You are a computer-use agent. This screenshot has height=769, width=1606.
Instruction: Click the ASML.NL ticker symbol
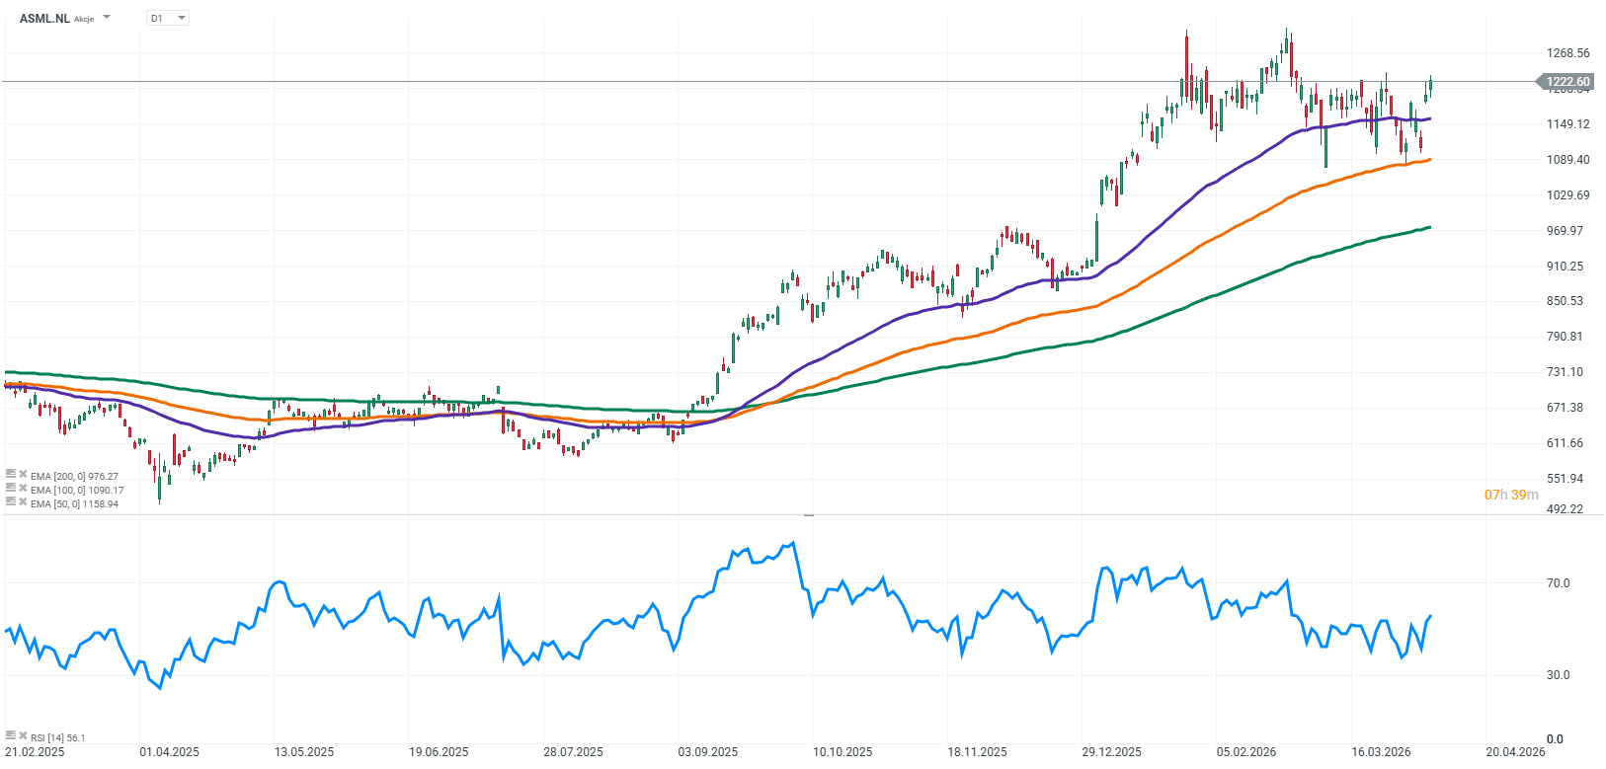pyautogui.click(x=44, y=18)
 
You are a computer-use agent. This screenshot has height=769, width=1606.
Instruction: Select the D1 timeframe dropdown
pyautogui.click(x=167, y=18)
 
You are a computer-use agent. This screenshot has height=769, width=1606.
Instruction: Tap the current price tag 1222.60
pyautogui.click(x=1567, y=82)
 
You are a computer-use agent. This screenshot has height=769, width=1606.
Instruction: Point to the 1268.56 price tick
pyautogui.click(x=1567, y=53)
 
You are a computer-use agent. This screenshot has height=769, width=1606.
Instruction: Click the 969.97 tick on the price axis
pyautogui.click(x=1565, y=231)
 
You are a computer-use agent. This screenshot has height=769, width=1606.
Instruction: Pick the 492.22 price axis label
pyautogui.click(x=1565, y=509)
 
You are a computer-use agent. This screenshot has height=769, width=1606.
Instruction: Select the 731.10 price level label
pyautogui.click(x=1565, y=372)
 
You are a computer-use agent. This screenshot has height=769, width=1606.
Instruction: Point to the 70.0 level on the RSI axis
pyautogui.click(x=1558, y=583)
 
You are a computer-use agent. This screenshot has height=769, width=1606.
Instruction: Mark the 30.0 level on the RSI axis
pyautogui.click(x=1558, y=675)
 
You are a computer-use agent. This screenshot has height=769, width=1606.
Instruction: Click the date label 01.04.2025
pyautogui.click(x=169, y=752)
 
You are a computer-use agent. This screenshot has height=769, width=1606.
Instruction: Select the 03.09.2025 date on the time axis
pyautogui.click(x=707, y=752)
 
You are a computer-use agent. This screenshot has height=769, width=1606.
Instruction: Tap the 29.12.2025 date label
pyautogui.click(x=1111, y=752)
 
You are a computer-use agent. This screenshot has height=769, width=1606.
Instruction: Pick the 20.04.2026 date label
pyautogui.click(x=1515, y=752)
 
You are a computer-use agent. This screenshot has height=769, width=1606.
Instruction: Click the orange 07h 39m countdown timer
pyautogui.click(x=1511, y=495)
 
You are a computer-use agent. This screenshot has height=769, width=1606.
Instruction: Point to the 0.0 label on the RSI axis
pyautogui.click(x=1555, y=738)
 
